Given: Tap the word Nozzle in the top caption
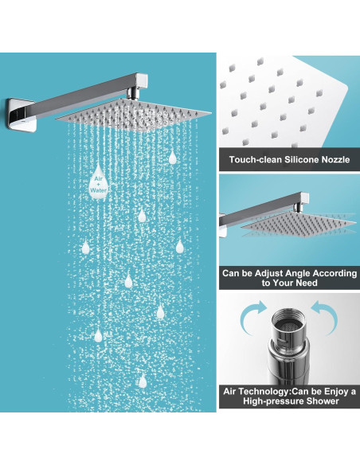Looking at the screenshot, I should [338, 160].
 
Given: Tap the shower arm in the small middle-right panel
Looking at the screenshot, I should [255, 209].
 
